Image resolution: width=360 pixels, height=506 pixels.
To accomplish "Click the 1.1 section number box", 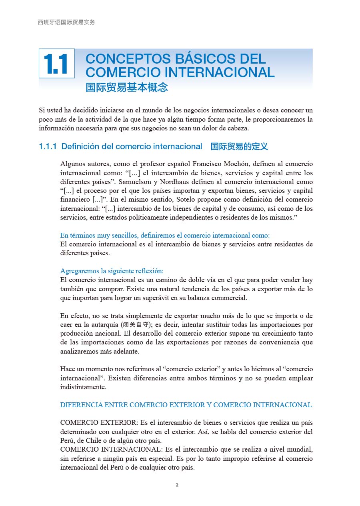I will pyautogui.click(x=56, y=64).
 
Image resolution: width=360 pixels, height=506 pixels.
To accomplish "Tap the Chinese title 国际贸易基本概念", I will pyautogui.click(x=126, y=87).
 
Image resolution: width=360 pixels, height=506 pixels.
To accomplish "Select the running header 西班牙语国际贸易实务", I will pyautogui.click(x=66, y=22).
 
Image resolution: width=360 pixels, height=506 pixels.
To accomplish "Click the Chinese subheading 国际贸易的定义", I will pyautogui.click(x=239, y=147).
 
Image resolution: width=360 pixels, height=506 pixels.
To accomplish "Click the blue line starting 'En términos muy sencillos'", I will pyautogui.click(x=165, y=235).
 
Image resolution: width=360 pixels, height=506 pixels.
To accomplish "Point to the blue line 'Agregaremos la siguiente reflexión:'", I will pyautogui.click(x=112, y=271).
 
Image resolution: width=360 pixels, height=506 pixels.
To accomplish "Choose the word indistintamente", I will pyautogui.click(x=83, y=387).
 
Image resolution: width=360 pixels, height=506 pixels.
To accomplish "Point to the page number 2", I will pyautogui.click(x=177, y=485).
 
